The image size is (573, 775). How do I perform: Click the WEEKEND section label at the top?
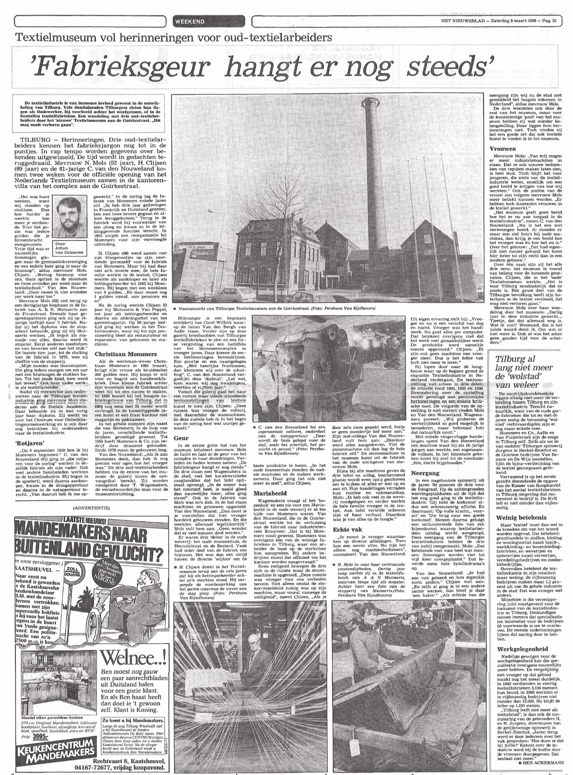click(189, 21)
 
